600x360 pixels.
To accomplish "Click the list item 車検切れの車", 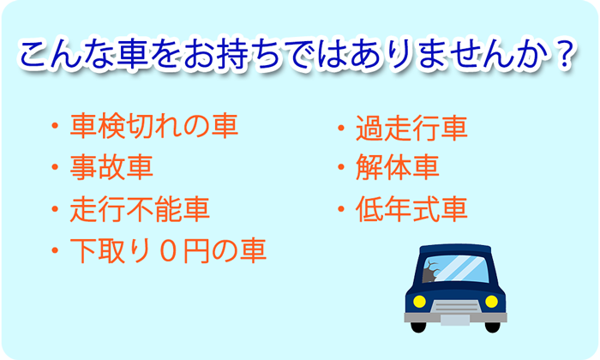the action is pyautogui.click(x=154, y=126).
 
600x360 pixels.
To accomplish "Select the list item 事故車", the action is pyautogui.click(x=111, y=167).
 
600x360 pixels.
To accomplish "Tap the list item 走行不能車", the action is pyautogui.click(x=140, y=209).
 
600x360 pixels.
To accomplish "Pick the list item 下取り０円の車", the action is pyautogui.click(x=168, y=250).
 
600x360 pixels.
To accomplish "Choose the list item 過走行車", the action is pyautogui.click(x=411, y=128).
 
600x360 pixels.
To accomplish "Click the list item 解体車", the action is pyautogui.click(x=398, y=167).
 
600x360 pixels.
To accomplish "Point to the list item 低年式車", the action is pyautogui.click(x=411, y=209).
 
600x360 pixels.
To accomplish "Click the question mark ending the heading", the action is pyautogui.click(x=565, y=52).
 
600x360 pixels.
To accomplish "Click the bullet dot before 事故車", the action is pyautogui.click(x=55, y=167).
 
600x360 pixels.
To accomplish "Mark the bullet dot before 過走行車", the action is pyautogui.click(x=341, y=128).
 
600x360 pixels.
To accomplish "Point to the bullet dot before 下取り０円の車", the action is pyautogui.click(x=55, y=250).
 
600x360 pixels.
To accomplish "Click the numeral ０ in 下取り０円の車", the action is pyautogui.click(x=168, y=250).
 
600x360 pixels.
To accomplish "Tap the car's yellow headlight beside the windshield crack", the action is pyautogui.click(x=420, y=302).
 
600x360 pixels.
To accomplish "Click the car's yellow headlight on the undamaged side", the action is pyautogui.click(x=491, y=302).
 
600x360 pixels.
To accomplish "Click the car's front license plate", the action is pyautogui.click(x=455, y=321).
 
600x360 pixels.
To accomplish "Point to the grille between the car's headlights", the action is pyautogui.click(x=455, y=307).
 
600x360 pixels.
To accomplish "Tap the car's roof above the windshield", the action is pyautogui.click(x=455, y=249).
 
